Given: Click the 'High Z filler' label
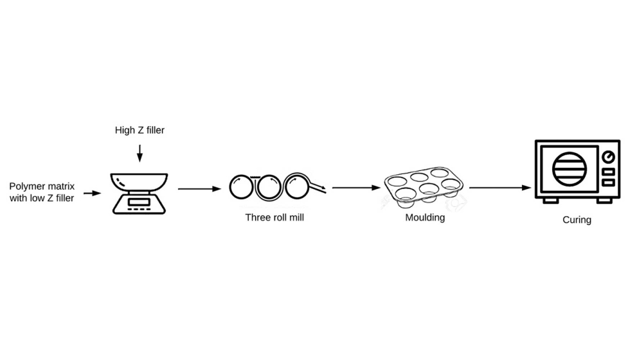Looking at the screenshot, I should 139,130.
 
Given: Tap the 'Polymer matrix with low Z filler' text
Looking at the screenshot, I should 42,192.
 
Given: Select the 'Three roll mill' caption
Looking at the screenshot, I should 274,217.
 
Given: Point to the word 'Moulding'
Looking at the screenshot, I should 425,217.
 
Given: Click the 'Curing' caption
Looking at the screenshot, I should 577,220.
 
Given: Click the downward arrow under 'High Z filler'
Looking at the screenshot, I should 139,153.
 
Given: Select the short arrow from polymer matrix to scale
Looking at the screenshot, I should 92,192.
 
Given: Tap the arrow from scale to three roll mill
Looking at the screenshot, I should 199,189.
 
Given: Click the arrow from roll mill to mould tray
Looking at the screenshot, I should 356,188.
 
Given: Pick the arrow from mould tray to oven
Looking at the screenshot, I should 500,188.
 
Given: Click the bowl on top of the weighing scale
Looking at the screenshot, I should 139,180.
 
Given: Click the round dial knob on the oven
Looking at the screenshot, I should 607,157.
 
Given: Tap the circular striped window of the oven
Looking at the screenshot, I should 570,168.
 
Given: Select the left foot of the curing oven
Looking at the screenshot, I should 550,200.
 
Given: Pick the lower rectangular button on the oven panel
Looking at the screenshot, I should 607,183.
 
